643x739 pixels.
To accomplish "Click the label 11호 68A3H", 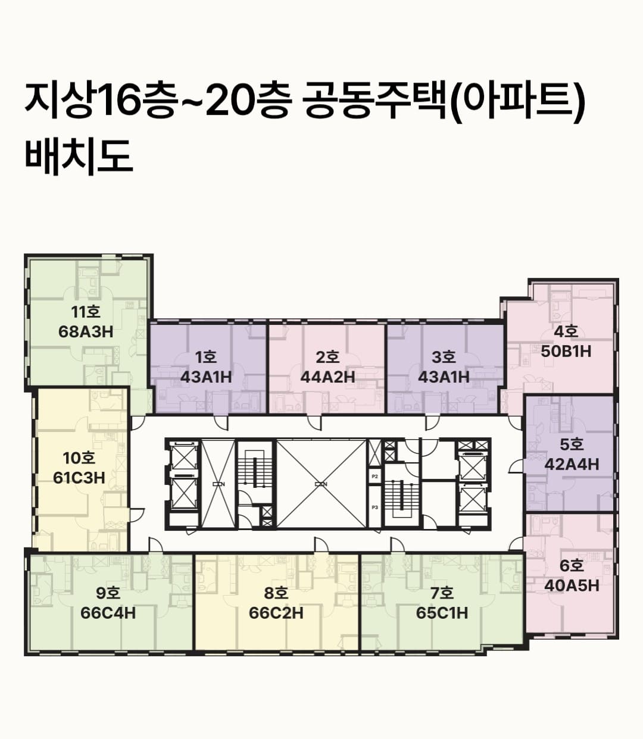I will click(x=86, y=322).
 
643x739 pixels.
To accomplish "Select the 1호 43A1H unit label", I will click(x=205, y=367).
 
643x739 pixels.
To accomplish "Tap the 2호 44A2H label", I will click(x=327, y=367).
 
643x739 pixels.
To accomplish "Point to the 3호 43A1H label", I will click(x=444, y=367).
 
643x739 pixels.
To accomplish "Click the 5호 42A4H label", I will click(x=572, y=455).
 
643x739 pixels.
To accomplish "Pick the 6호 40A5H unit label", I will click(x=572, y=576).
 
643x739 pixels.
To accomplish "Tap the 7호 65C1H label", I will click(x=442, y=603).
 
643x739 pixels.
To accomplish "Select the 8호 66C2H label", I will click(x=276, y=603).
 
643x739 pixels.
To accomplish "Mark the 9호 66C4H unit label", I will click(x=108, y=603).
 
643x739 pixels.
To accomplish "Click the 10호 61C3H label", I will click(x=79, y=468).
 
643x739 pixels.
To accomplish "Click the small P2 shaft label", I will click(x=374, y=477).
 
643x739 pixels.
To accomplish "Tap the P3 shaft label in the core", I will click(x=374, y=507).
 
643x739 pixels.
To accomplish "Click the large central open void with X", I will click(x=321, y=484).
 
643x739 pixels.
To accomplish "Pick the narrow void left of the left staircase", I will click(x=219, y=484).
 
